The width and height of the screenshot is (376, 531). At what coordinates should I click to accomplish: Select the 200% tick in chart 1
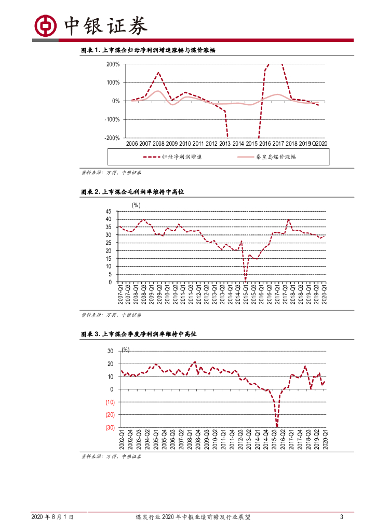(x=113, y=64)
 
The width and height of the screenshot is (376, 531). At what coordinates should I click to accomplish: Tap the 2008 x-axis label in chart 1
(x=158, y=144)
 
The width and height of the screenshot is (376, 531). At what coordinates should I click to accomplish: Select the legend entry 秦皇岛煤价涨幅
(x=275, y=157)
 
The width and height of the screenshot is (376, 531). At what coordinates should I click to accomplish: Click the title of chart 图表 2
(x=132, y=192)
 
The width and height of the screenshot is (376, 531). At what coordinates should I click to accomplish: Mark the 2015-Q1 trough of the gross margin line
(x=245, y=281)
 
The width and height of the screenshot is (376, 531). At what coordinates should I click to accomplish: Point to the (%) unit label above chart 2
(x=136, y=205)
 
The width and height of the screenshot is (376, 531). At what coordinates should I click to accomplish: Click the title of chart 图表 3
(x=139, y=335)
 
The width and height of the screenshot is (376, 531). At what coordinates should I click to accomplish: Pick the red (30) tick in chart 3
(x=110, y=428)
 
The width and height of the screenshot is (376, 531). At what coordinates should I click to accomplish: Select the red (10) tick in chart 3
(x=110, y=402)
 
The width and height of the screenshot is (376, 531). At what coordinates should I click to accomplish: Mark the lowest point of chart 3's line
(x=277, y=426)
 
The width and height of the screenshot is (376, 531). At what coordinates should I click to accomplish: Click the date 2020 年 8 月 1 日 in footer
(x=52, y=517)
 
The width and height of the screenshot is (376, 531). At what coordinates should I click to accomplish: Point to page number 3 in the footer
(x=342, y=517)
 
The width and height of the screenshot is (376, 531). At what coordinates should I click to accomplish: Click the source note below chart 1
(x=111, y=172)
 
